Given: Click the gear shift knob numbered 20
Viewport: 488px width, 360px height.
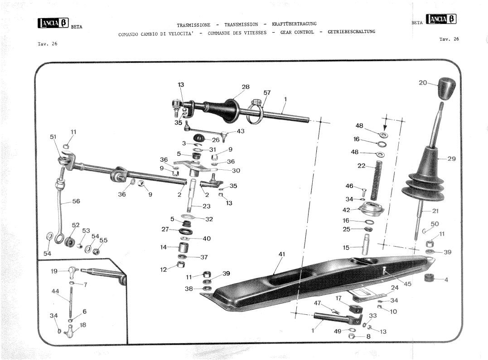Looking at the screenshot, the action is pos(447,88).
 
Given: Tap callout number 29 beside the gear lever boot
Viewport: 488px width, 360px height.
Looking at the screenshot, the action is pos(451,158).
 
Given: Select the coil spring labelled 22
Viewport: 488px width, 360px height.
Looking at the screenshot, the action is pos(377,180).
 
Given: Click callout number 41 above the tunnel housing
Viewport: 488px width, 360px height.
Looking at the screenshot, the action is pos(282,254).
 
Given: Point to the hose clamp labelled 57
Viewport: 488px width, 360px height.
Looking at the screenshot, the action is pos(255,112).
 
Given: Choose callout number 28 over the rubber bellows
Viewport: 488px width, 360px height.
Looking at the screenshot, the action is pos(246,87).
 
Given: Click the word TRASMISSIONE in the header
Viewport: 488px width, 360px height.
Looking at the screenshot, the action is pos(193,25).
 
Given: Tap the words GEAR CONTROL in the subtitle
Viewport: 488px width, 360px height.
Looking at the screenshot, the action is pos(297,32).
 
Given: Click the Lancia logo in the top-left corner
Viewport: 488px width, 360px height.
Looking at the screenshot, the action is pos(53,24).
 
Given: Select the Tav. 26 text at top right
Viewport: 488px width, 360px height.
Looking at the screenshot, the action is pos(449,39).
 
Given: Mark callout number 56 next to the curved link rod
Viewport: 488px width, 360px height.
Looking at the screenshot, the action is pos(76,201).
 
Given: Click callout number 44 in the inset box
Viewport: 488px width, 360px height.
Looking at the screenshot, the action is pos(55,291).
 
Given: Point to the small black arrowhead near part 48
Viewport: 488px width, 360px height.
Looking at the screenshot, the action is pos(385,128).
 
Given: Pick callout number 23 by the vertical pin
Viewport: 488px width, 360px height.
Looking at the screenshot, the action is pos(206,206).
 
